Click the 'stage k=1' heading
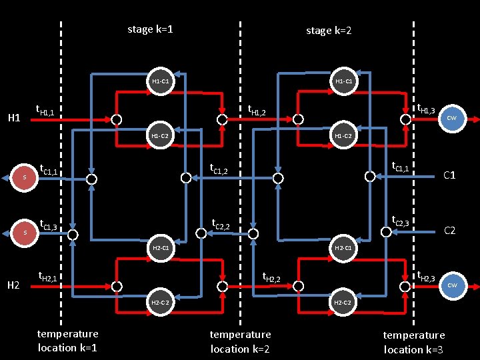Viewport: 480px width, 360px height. coord(150,29)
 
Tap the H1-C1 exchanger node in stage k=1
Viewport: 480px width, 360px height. coord(160,81)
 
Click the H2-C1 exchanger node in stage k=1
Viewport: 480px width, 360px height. coord(160,248)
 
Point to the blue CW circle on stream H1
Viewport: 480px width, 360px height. coord(451,118)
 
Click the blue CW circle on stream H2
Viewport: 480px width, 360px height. coord(451,285)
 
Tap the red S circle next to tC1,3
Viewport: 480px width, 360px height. coord(25,233)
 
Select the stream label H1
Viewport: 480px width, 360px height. coord(13,119)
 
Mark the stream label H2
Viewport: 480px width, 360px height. coord(13,285)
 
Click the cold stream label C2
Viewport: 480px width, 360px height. coord(450,231)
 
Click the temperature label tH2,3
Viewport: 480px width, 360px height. coord(425,275)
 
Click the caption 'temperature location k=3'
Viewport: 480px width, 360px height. coord(413,342)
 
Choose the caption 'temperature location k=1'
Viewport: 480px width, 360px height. coord(67,341)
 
